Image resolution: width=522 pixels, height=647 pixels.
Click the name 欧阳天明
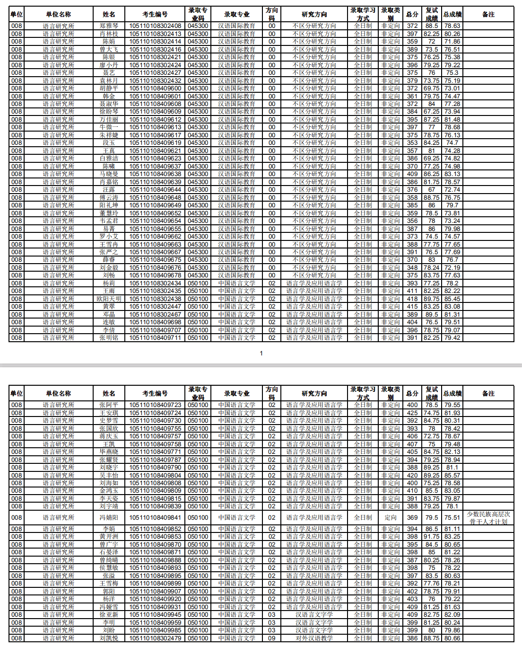109,299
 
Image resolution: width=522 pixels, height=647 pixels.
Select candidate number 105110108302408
155,26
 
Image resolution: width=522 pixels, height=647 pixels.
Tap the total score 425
412,413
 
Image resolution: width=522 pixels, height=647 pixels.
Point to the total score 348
412,267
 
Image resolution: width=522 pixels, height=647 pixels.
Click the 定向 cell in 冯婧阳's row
391,517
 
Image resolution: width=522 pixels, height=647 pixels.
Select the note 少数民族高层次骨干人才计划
488,517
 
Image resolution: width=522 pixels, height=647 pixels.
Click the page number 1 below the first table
261,353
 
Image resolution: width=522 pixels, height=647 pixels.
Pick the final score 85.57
452,475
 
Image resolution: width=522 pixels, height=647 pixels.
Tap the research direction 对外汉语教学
314,638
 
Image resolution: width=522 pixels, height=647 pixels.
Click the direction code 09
272,638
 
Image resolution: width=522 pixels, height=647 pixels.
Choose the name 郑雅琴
109,26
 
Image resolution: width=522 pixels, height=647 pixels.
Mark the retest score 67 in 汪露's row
431,189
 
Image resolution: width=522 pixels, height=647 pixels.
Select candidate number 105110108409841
155,517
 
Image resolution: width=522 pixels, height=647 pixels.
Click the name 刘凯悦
109,638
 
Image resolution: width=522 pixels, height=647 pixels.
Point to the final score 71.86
452,41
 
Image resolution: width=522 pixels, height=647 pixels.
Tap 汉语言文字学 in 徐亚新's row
314,614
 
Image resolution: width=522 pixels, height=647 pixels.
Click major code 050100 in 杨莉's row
198,283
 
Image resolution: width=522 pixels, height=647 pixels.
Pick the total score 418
412,299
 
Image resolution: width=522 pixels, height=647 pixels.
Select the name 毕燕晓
109,452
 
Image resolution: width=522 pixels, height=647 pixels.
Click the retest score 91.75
431,536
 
